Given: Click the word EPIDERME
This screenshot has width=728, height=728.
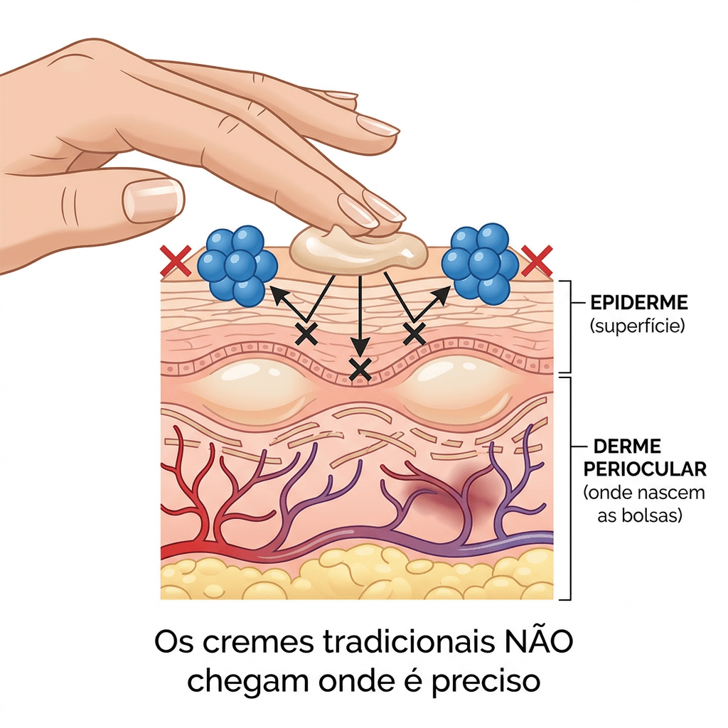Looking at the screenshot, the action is coord(639,303).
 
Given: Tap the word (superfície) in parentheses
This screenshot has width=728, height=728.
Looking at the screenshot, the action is coord(638,326).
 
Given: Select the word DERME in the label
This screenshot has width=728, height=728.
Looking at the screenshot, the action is coord(627,446).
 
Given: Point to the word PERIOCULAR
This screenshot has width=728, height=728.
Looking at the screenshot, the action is coord(645,469).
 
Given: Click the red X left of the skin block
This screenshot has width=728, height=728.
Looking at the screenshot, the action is coord(176,261).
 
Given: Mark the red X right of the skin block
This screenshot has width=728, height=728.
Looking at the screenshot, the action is coord(537,261).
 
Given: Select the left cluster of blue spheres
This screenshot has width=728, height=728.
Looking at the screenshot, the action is coord(237,264).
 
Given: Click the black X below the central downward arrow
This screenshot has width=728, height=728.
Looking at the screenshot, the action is coord(360,370).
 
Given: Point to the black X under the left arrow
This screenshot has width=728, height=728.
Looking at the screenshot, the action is coord(306,333).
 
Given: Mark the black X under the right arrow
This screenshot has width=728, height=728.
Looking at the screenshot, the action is coord(414,333).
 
